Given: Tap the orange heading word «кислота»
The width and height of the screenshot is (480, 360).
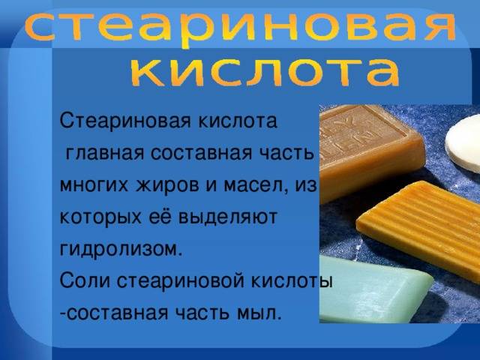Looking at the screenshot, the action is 265,73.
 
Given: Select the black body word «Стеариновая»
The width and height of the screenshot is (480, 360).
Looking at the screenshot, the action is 125,121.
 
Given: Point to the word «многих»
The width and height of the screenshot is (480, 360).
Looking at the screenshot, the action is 94,186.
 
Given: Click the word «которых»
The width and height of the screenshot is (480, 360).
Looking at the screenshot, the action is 100,217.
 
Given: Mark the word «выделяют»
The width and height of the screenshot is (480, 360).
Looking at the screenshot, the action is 228,217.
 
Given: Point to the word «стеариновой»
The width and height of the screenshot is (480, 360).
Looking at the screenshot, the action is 181,281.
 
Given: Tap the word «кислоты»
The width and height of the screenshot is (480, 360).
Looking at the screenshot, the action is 292,282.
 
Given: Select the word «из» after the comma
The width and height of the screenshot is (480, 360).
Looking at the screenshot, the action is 305,186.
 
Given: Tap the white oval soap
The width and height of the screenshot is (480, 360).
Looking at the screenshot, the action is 463,143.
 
